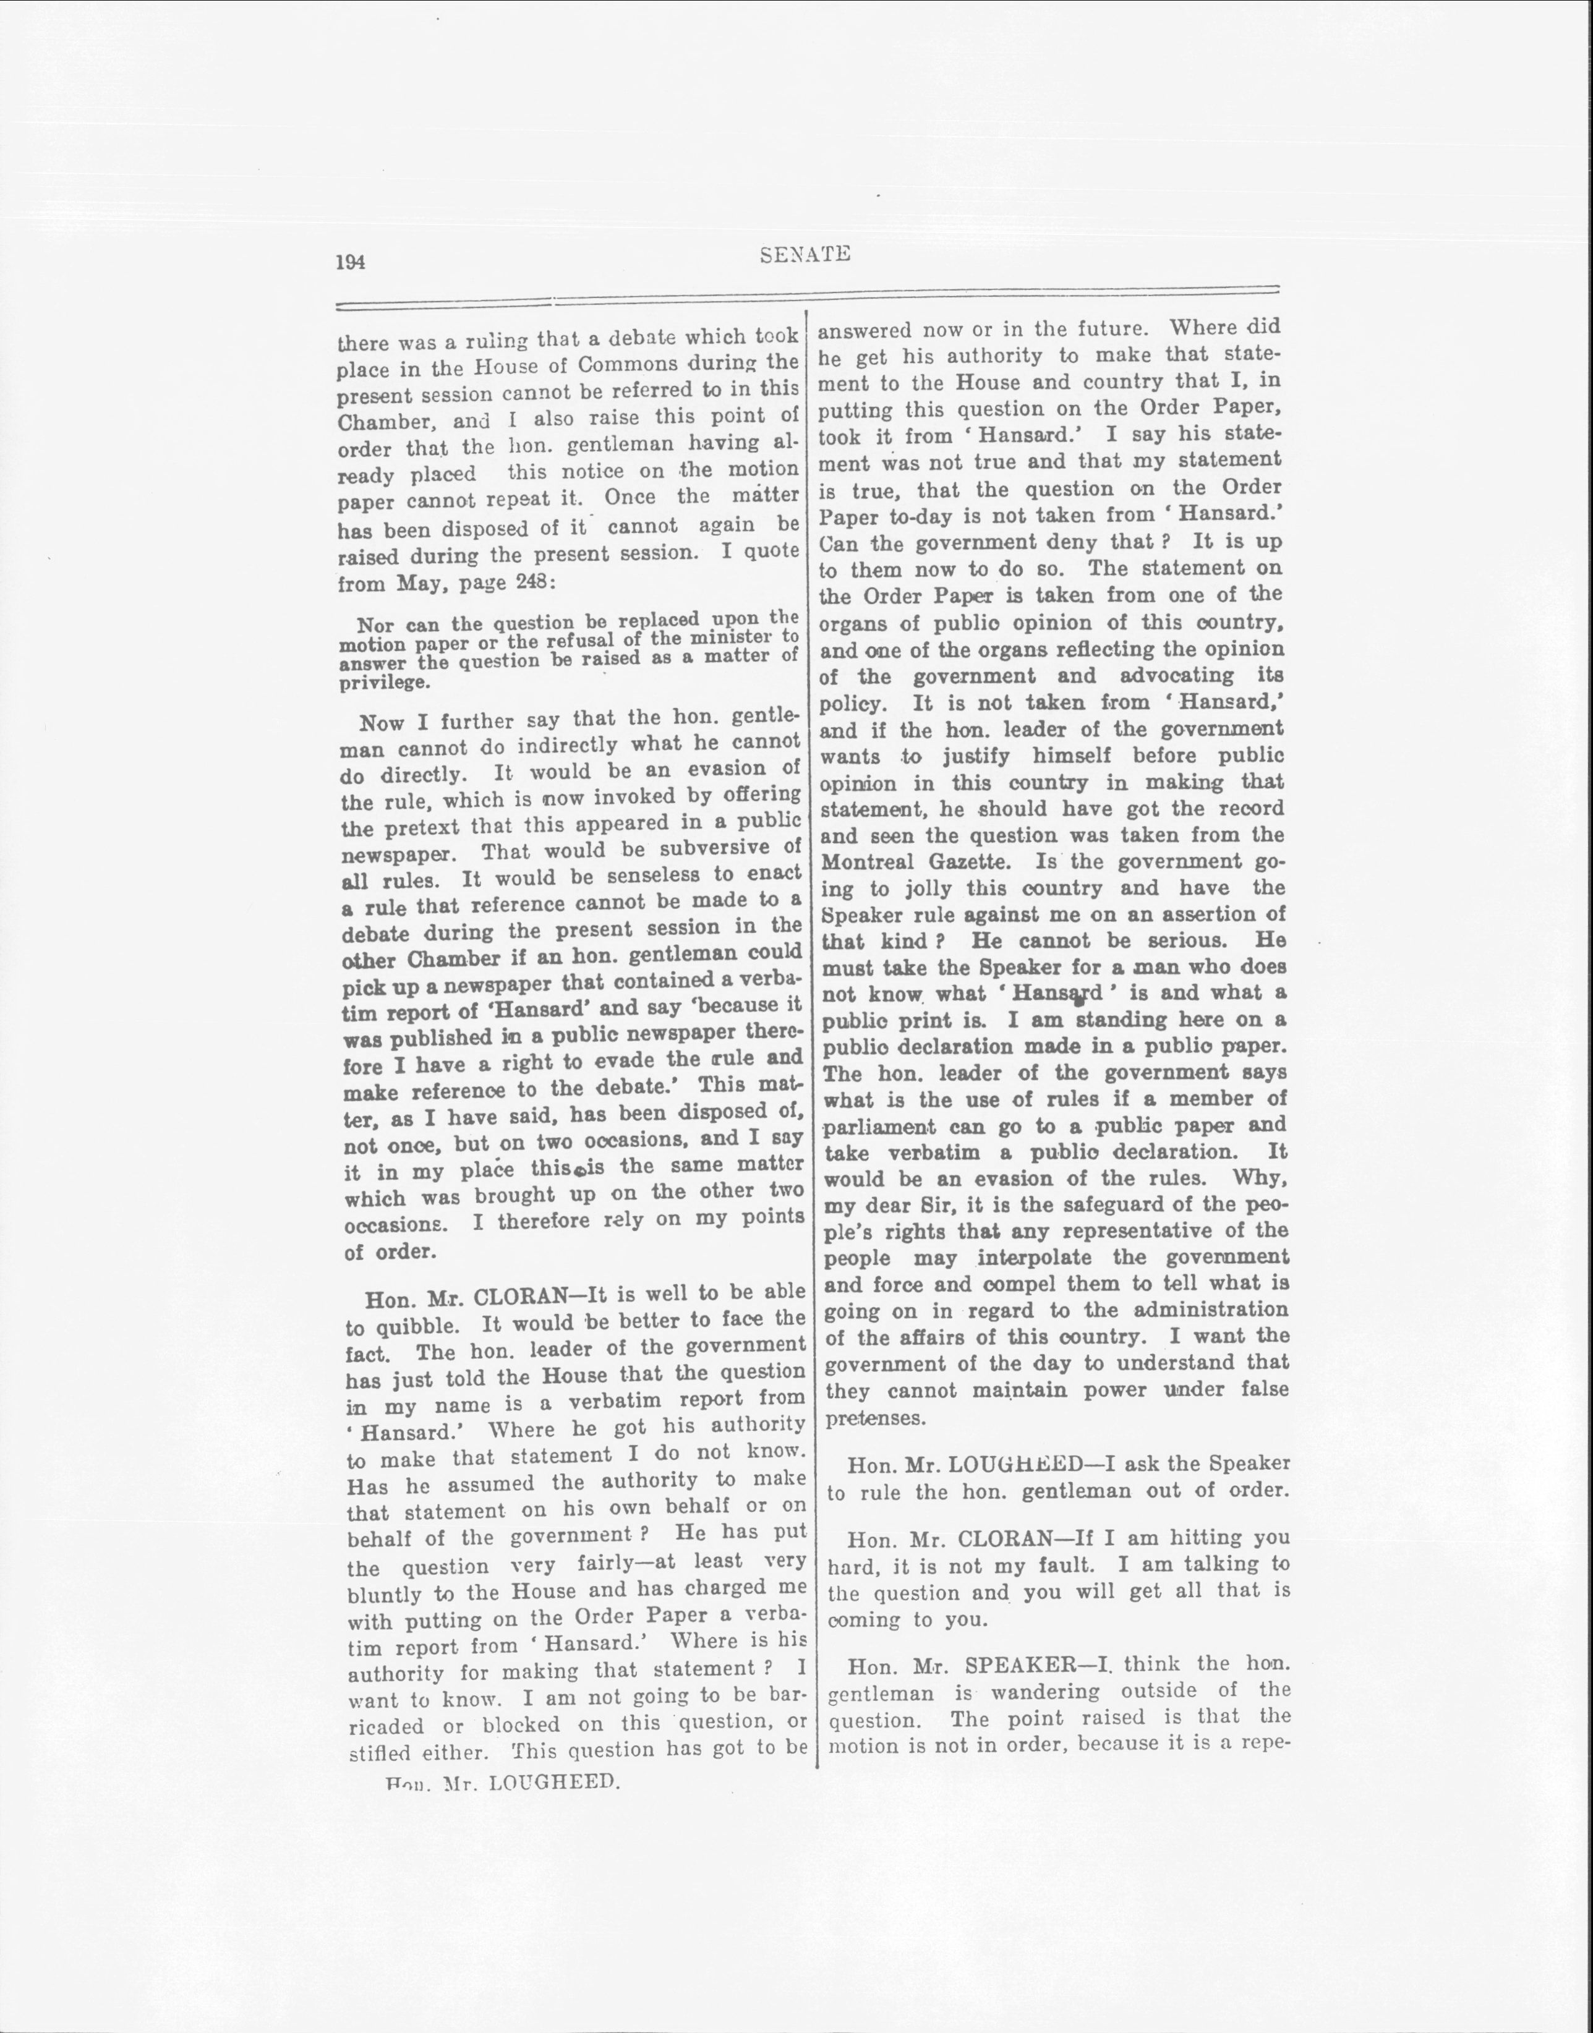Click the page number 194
point(350,262)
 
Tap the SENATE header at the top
point(805,254)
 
